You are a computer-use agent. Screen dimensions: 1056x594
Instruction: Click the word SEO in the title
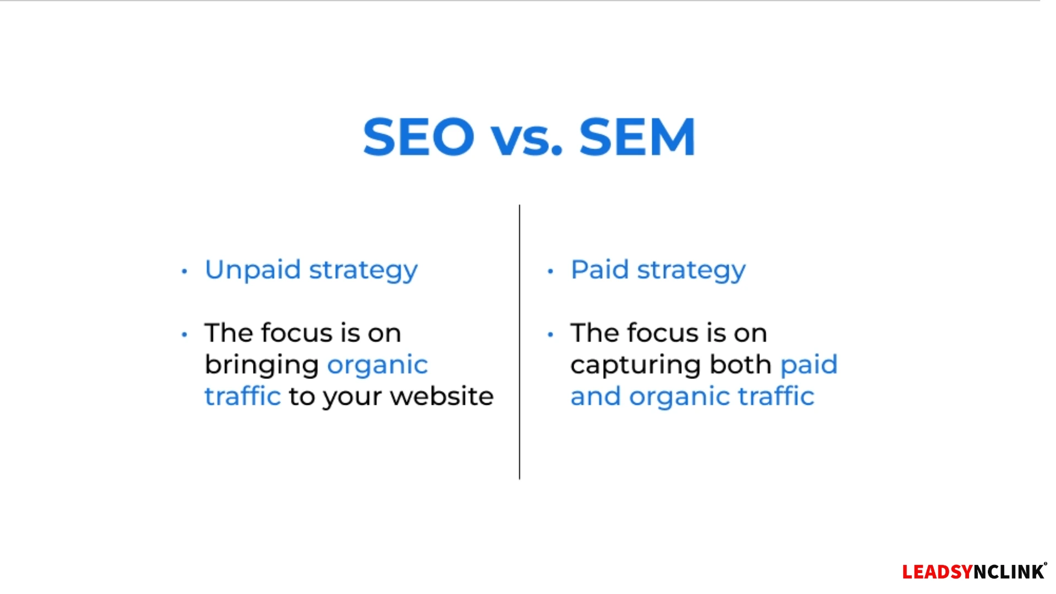click(419, 136)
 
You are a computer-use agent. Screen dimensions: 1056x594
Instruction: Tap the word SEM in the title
click(637, 136)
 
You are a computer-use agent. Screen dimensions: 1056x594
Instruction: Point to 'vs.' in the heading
click(527, 141)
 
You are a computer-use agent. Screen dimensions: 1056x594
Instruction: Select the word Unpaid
click(253, 270)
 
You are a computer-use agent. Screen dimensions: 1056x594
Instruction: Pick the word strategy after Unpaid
click(364, 271)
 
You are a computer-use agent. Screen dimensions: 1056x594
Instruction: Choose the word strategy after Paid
click(691, 271)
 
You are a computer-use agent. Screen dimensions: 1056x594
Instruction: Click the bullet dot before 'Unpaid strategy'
click(184, 271)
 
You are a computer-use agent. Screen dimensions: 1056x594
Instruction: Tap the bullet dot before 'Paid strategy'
click(551, 271)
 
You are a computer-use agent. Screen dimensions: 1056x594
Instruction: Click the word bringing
click(262, 366)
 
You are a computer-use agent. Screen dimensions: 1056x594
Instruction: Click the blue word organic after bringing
click(378, 366)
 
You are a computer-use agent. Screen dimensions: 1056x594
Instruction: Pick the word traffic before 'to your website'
click(243, 396)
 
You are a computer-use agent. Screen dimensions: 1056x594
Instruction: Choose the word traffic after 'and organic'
click(776, 396)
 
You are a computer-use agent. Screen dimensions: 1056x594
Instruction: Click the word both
click(741, 364)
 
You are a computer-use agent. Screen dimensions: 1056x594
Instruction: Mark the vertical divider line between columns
click(519, 342)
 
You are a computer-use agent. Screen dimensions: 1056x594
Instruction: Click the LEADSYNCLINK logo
click(974, 571)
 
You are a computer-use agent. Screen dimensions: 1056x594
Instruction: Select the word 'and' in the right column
click(596, 396)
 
